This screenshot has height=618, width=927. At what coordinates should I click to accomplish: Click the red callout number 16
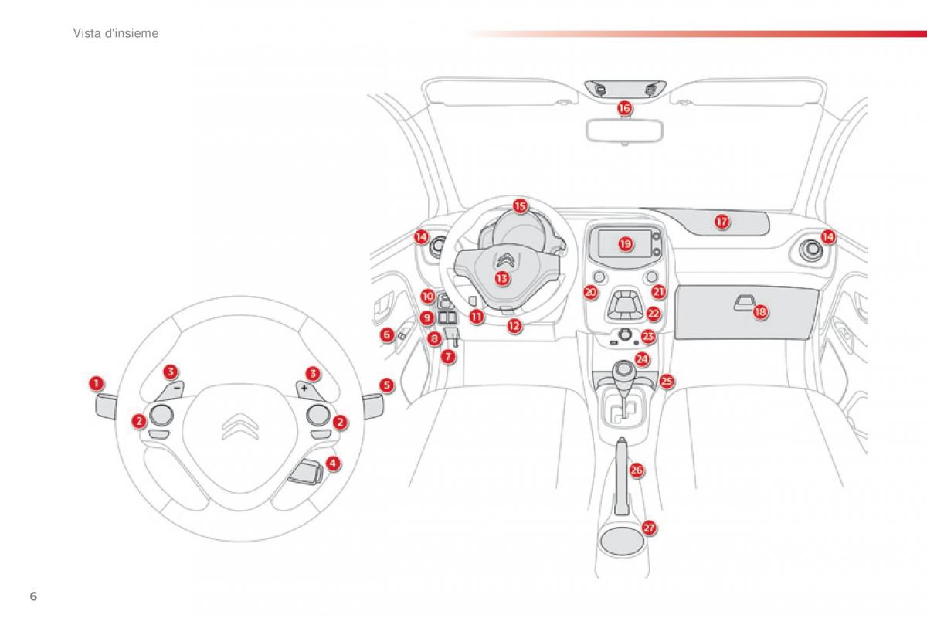[624, 109]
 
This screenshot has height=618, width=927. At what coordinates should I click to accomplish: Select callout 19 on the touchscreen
[626, 243]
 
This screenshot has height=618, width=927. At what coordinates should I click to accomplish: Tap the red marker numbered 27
[649, 528]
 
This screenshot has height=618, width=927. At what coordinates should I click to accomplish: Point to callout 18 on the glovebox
[760, 312]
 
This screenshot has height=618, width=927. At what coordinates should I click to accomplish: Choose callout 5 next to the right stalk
[386, 384]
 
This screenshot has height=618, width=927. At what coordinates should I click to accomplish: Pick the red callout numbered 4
[332, 463]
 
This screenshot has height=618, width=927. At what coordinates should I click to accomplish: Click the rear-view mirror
[624, 130]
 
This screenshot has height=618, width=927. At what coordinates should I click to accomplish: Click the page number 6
[33, 597]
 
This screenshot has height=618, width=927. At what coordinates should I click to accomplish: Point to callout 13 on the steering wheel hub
[502, 277]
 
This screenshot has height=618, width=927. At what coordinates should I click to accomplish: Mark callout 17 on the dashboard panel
[722, 222]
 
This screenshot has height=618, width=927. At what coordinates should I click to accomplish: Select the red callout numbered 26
[636, 470]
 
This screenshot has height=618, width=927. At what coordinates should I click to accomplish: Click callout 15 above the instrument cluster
[520, 206]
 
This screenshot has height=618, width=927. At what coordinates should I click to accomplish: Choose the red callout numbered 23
[647, 336]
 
